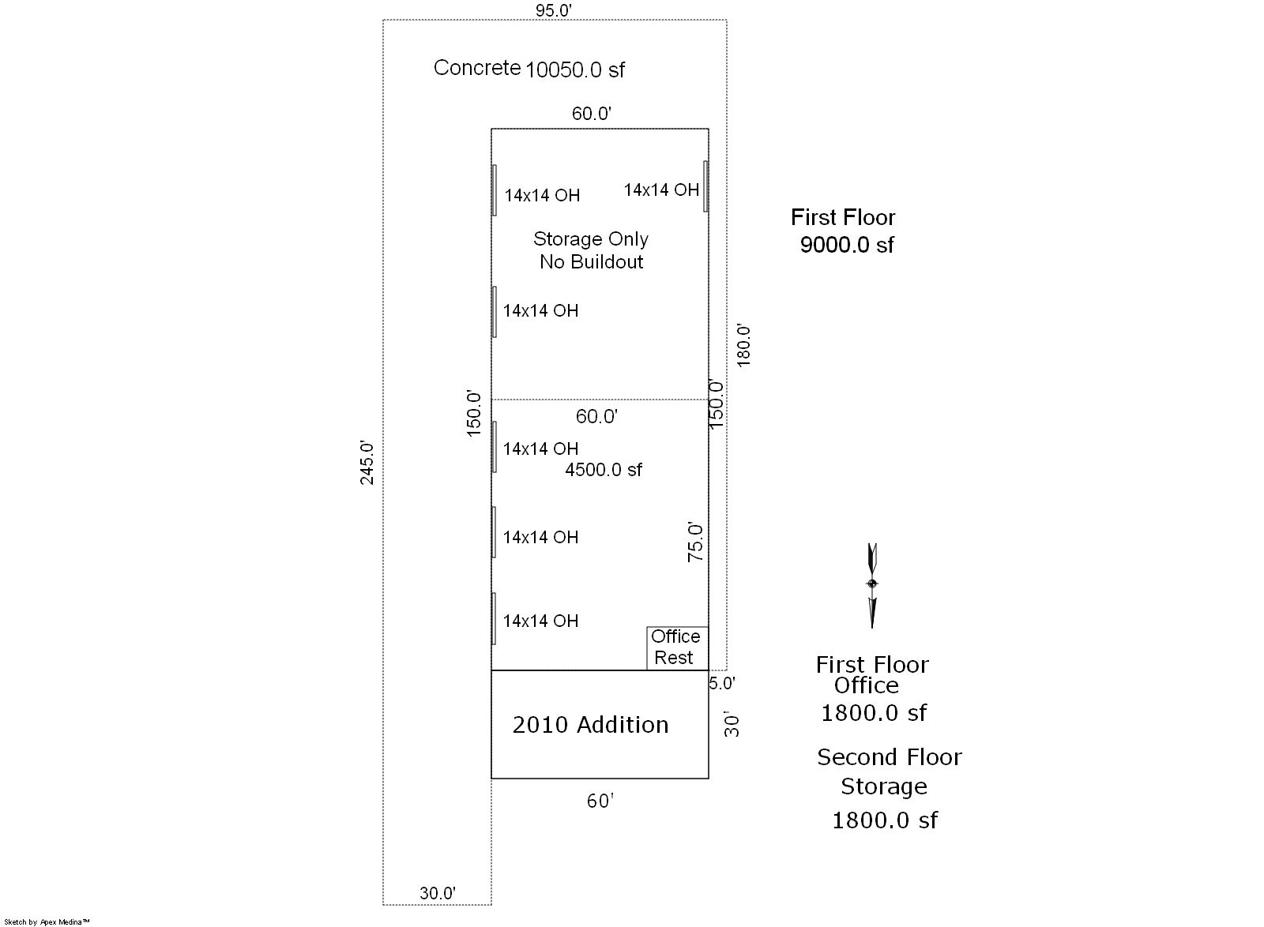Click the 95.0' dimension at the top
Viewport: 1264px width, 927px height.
[x=554, y=11]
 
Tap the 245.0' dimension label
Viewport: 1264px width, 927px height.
[x=367, y=463]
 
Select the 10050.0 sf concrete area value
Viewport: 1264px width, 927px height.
[x=575, y=70]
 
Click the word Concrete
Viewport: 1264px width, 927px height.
[x=477, y=68]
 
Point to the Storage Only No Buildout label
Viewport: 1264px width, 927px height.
[x=591, y=250]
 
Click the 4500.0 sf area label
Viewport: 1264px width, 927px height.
[x=604, y=470]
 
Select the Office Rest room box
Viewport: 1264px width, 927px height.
[x=677, y=648]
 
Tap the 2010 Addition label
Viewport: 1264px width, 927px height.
[x=590, y=725]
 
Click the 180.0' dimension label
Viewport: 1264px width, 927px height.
[x=743, y=346]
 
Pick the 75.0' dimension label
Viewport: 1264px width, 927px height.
[x=695, y=542]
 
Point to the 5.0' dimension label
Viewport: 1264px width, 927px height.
[x=722, y=684]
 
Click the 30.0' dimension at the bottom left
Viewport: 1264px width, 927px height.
[x=438, y=893]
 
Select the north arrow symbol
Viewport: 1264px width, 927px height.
[x=872, y=585]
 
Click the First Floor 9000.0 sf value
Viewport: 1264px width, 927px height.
[x=846, y=245]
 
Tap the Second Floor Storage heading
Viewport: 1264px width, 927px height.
[x=890, y=771]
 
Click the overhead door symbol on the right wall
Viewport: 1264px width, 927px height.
[x=705, y=186]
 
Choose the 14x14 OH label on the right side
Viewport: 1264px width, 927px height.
[x=661, y=190]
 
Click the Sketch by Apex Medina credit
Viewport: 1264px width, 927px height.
[x=47, y=922]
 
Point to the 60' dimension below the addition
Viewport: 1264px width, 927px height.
[x=600, y=801]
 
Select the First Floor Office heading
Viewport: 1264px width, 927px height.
[x=872, y=675]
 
